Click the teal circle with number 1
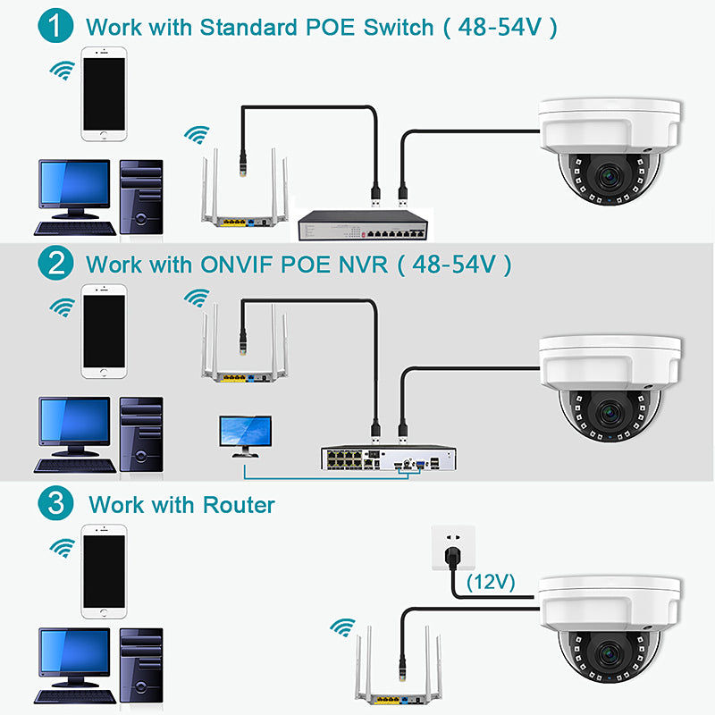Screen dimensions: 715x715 pyautogui.click(x=56, y=25)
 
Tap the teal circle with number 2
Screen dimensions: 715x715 pyautogui.click(x=56, y=264)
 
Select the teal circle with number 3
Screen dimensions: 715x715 pyautogui.click(x=56, y=503)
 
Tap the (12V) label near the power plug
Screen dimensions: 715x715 pyautogui.click(x=491, y=583)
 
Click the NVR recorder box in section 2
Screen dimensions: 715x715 pyautogui.click(x=389, y=458)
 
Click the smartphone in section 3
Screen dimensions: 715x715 pyautogui.click(x=104, y=572)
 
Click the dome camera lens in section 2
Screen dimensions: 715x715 pyautogui.click(x=610, y=412)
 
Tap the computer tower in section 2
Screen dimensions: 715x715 pyautogui.click(x=141, y=434)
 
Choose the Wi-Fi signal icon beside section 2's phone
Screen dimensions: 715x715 pyautogui.click(x=61, y=307)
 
